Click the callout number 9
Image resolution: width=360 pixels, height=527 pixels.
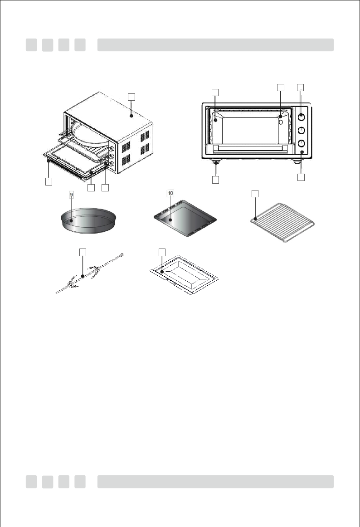[x=71, y=195]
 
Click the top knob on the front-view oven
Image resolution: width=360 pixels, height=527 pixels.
[x=301, y=117]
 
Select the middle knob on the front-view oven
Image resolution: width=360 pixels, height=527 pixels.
[x=301, y=131]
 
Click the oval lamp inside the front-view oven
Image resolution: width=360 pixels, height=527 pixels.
[x=281, y=122]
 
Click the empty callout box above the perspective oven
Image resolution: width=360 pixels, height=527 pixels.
[x=131, y=97]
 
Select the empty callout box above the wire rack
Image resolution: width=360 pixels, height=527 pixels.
[x=255, y=194]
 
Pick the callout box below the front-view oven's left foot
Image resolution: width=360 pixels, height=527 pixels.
[x=215, y=180]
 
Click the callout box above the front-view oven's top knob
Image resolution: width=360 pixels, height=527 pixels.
[x=301, y=87]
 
